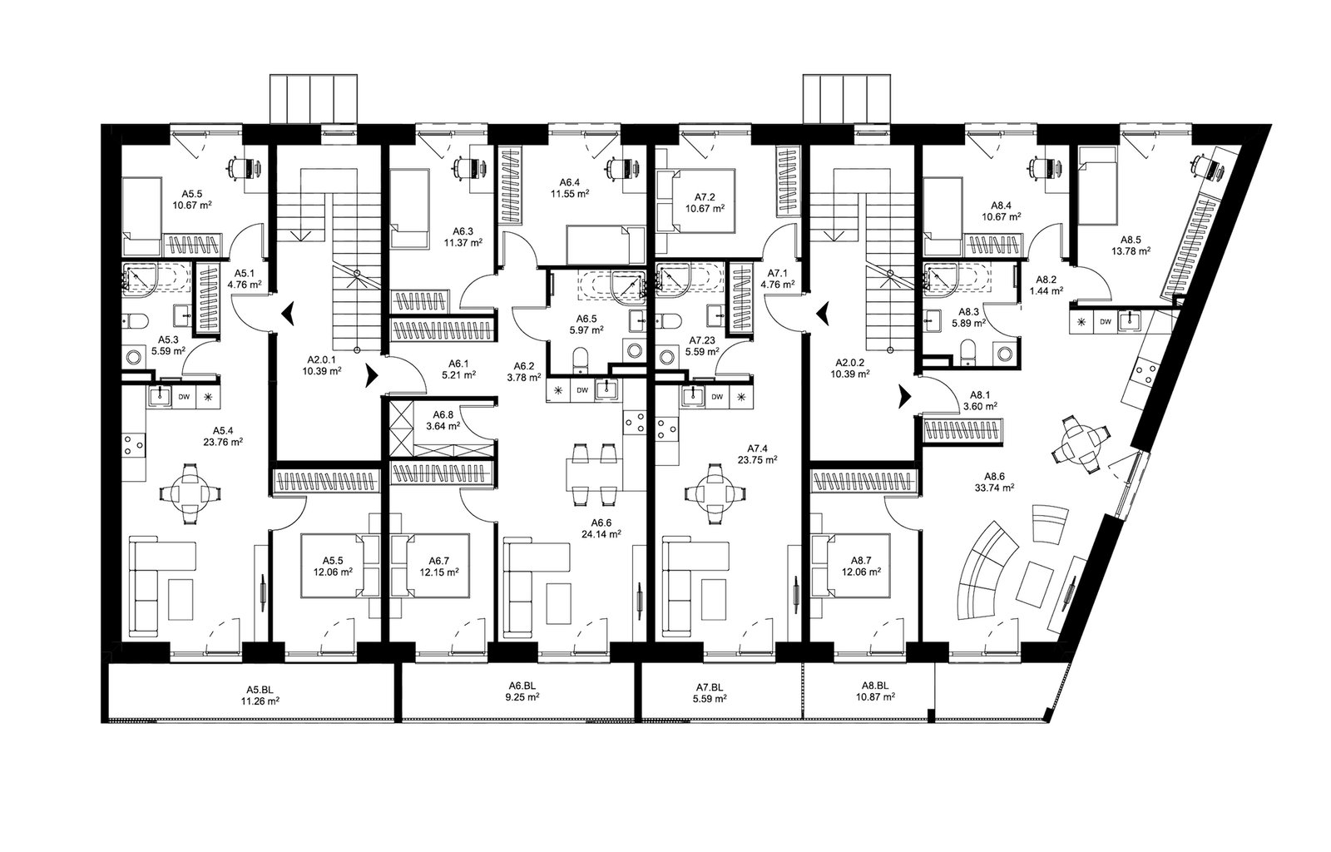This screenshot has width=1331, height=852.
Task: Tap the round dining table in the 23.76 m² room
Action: click(x=191, y=493)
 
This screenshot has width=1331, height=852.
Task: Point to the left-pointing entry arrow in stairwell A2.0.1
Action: click(x=290, y=314)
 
